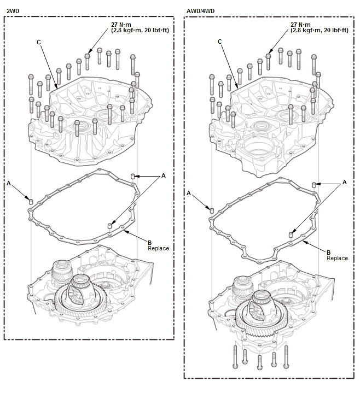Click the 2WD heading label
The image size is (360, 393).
pos(13,11)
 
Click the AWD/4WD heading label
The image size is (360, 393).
pos(200,11)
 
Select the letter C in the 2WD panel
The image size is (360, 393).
pos(39,42)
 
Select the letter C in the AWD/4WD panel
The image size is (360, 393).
pos(220,42)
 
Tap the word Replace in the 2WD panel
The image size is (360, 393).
pos(159,248)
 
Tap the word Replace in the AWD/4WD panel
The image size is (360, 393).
pos(338,258)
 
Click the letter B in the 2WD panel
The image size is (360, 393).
pos(149,243)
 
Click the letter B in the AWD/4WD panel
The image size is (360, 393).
pos(328,253)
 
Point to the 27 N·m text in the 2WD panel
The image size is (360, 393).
pos(121,25)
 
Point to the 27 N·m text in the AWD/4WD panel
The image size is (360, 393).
pos(300,25)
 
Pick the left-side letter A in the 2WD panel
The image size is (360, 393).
pos(9,184)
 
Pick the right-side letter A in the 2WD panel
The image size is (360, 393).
pos(164,175)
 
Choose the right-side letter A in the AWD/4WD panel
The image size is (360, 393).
pos(345,182)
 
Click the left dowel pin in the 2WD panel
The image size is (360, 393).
pos(31,202)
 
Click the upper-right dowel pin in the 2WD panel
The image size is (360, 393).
pos(133,176)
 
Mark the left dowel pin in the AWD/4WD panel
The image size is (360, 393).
pos(212,210)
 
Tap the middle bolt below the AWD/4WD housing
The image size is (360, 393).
pos(260,362)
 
